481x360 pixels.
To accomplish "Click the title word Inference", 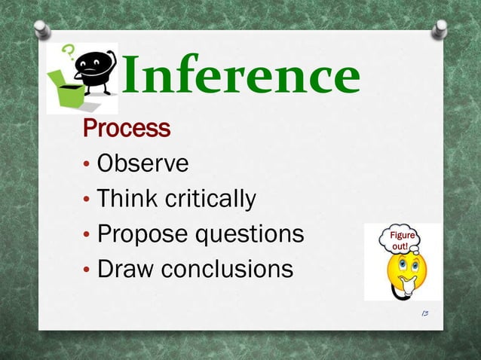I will coord(240,78).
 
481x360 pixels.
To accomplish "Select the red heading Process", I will coord(127,129).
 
